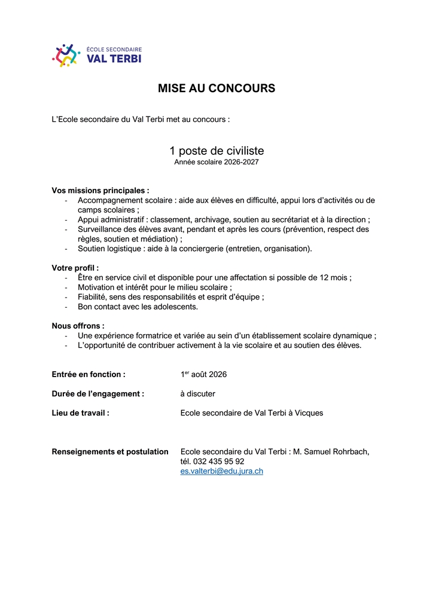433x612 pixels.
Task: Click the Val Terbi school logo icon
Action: click(x=66, y=55)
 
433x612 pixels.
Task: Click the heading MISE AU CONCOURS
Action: click(x=216, y=88)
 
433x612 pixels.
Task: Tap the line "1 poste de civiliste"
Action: click(x=216, y=151)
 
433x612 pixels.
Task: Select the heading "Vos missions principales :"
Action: click(x=100, y=191)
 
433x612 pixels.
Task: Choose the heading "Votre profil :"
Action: click(x=75, y=268)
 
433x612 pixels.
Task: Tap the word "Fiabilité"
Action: click(x=92, y=297)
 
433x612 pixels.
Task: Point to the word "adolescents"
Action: click(x=174, y=307)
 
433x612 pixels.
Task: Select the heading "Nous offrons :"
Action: click(x=78, y=326)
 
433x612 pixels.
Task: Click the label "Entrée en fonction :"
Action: click(x=89, y=375)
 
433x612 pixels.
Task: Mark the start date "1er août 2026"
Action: click(x=203, y=375)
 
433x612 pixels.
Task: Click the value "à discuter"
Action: click(x=197, y=394)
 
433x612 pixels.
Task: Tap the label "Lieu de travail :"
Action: click(x=81, y=413)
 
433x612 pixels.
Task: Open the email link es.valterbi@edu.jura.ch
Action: click(x=221, y=471)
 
